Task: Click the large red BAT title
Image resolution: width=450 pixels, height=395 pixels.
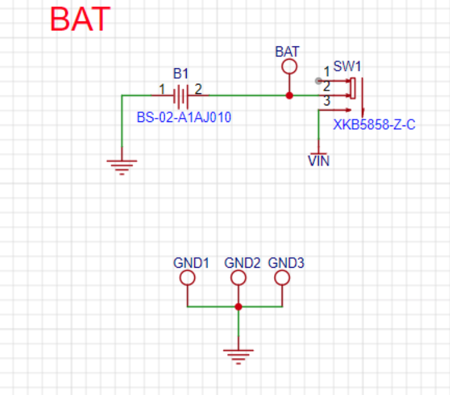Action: click(80, 19)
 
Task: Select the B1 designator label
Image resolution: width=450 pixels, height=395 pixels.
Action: click(181, 74)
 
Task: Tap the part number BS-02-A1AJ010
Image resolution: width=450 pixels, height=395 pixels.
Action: click(184, 117)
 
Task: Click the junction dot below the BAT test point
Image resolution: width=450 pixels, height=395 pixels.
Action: click(289, 95)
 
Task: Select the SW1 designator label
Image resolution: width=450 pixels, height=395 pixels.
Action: click(347, 67)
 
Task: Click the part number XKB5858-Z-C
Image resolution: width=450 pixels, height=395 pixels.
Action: click(374, 125)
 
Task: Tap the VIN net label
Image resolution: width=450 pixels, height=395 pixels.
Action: click(319, 161)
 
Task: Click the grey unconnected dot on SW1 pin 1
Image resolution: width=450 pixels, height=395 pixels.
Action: click(318, 81)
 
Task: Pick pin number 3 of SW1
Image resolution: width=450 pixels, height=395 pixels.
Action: click(326, 101)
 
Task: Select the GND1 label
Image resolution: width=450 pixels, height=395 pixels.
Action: click(191, 263)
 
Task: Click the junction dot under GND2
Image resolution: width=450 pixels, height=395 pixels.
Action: click(238, 307)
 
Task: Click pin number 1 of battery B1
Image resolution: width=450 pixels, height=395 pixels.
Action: click(162, 89)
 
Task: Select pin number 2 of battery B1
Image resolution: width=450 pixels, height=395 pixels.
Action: click(198, 89)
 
